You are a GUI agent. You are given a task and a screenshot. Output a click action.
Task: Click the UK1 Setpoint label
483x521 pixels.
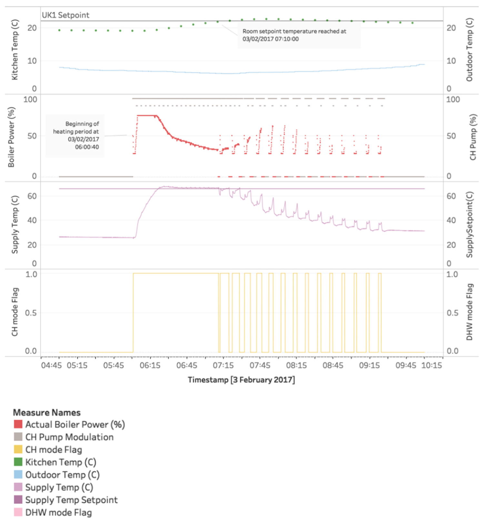point(65,15)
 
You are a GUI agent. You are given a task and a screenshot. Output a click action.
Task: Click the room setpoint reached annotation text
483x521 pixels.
point(294,35)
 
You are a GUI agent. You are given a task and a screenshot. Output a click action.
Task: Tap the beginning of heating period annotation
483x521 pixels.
point(76,135)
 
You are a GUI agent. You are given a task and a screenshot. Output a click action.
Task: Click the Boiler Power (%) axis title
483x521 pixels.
point(12,137)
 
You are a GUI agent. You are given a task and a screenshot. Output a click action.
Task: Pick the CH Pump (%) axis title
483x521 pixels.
point(473,137)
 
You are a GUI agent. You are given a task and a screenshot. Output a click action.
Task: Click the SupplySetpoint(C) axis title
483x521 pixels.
point(469,225)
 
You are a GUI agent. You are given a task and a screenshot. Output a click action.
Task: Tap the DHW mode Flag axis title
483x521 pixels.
point(469,312)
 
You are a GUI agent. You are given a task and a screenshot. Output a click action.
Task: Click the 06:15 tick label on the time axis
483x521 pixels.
point(150,366)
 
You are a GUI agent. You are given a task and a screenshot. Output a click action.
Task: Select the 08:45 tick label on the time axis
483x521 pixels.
point(333,366)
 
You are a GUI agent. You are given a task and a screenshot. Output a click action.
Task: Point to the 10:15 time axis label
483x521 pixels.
point(432,366)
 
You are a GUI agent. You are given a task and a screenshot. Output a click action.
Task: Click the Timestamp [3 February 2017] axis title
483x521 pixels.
point(241,380)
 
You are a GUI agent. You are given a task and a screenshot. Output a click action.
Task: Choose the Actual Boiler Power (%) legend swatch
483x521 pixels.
point(18,424)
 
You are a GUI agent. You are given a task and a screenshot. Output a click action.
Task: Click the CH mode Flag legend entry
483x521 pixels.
point(54,449)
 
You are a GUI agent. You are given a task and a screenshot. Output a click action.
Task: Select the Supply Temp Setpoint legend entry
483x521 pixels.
point(71,500)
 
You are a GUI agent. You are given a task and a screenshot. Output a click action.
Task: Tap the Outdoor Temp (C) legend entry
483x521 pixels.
point(62,475)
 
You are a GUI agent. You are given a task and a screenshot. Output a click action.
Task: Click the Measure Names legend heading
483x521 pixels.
point(47,412)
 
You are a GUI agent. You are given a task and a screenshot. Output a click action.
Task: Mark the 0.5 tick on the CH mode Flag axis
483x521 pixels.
point(31,313)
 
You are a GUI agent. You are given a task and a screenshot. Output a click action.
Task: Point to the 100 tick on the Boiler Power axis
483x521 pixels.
point(30,99)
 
